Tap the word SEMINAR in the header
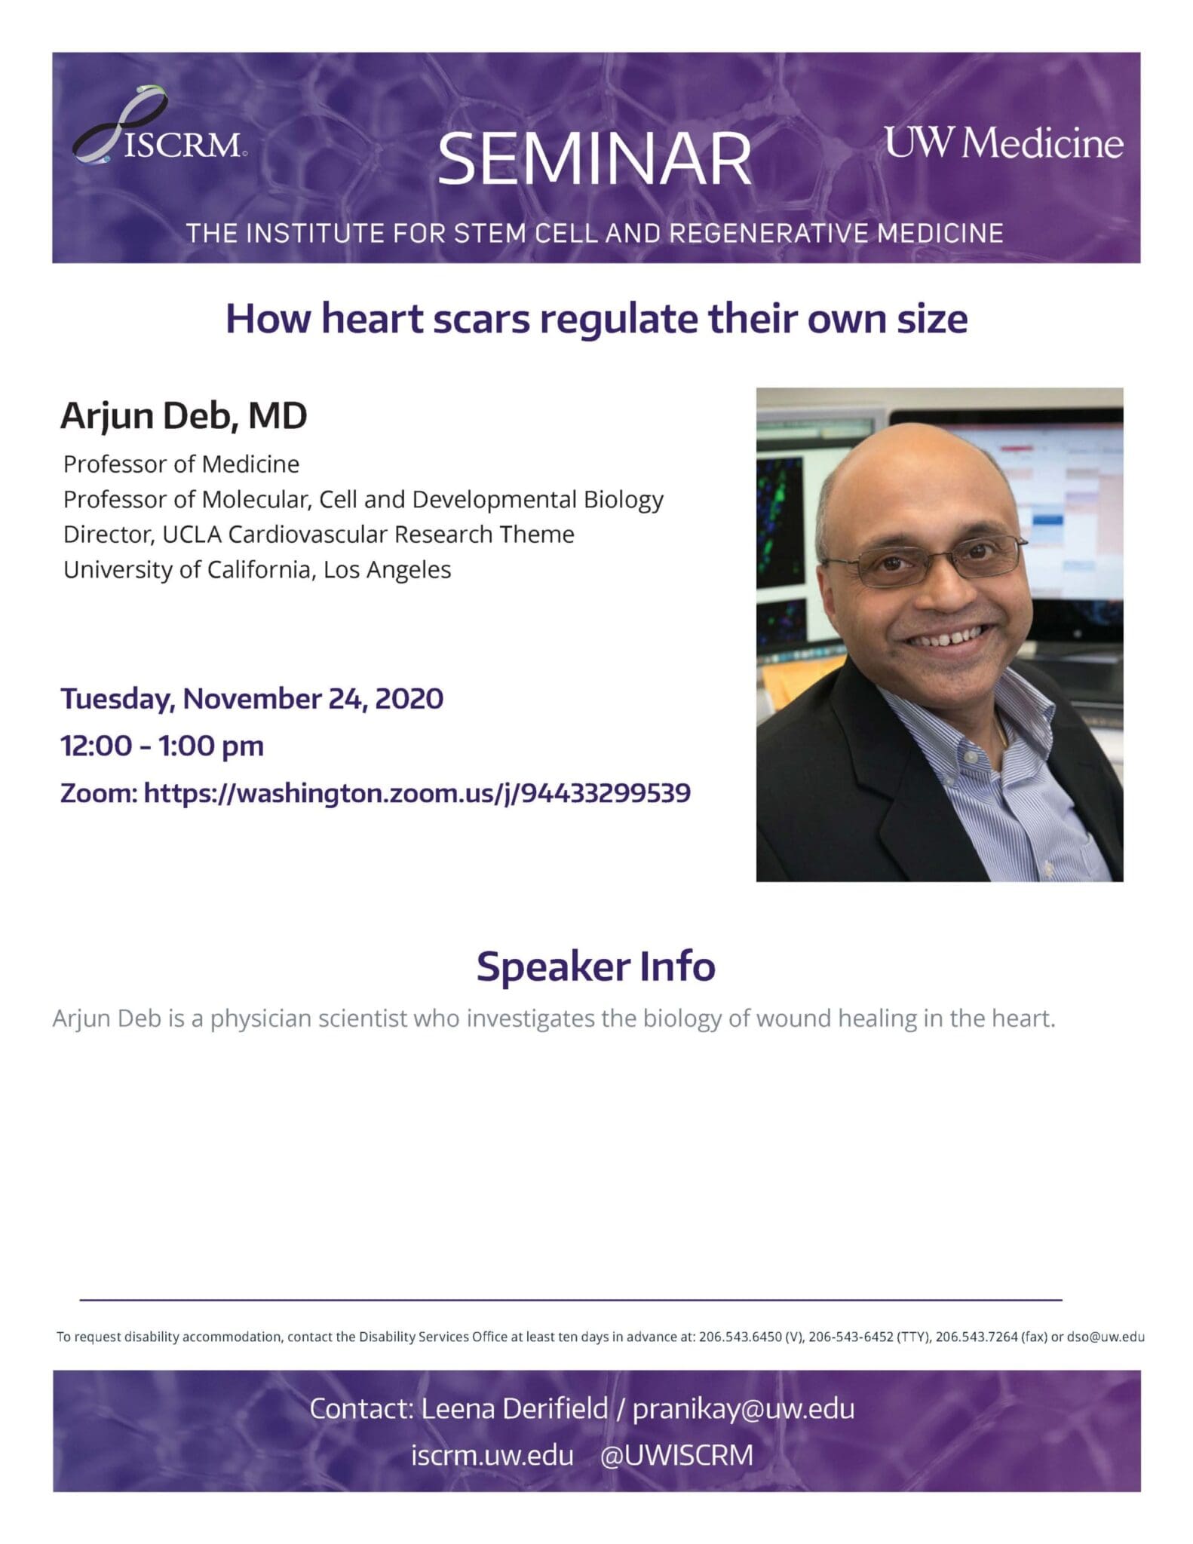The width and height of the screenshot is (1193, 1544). point(594,159)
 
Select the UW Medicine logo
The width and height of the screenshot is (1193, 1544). point(1003,142)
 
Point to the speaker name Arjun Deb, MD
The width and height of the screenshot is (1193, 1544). point(184,415)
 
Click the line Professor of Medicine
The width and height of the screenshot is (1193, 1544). point(181,464)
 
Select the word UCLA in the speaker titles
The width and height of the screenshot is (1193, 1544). point(192,535)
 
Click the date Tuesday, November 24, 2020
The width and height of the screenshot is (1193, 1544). point(252,699)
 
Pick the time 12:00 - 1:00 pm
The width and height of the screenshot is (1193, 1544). point(162,746)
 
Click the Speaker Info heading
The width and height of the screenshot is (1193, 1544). point(596,967)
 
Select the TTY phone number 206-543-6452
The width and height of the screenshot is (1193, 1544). point(851,1337)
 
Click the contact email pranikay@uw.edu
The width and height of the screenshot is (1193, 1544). point(743,1408)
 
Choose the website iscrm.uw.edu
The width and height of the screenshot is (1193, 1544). point(492,1455)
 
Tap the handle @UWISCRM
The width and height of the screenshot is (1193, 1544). point(676,1455)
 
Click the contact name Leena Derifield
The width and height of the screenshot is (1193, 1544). point(514,1408)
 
